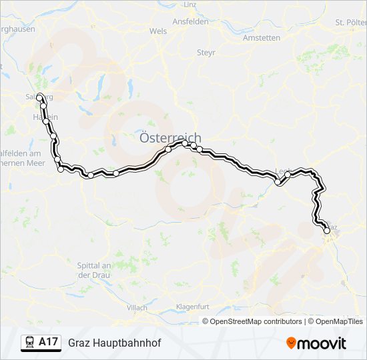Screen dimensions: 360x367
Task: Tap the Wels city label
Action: coord(158,31)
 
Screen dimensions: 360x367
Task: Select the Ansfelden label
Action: coord(190,21)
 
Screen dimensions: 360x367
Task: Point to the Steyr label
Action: coord(205,52)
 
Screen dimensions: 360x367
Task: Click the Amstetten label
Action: coord(262,38)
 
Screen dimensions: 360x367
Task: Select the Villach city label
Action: coord(136,307)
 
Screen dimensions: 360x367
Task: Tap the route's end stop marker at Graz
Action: coord(326,231)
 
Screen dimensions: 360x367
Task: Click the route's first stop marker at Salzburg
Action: coord(39,97)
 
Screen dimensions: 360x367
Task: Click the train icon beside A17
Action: coord(30,342)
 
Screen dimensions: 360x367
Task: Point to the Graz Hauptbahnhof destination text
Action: coord(115,343)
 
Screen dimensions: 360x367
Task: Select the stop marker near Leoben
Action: coord(278,181)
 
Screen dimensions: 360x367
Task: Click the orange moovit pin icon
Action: coord(291,343)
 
